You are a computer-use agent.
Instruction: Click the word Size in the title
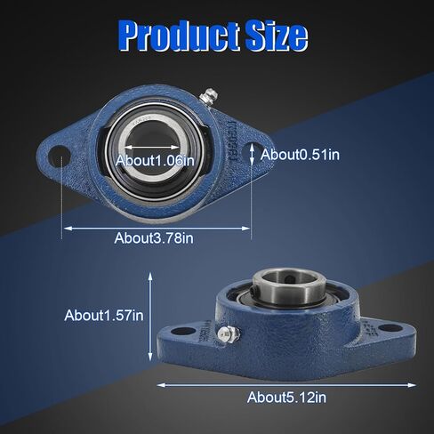coord(276,36)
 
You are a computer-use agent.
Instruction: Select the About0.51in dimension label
coord(300,155)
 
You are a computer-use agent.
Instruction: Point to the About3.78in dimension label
coord(154,237)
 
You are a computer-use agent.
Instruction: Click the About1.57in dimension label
coord(103,315)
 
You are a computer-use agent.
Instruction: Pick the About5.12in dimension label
coord(286,397)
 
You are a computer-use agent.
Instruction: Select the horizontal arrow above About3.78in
coord(156,227)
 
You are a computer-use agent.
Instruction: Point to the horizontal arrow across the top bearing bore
coord(157,149)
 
